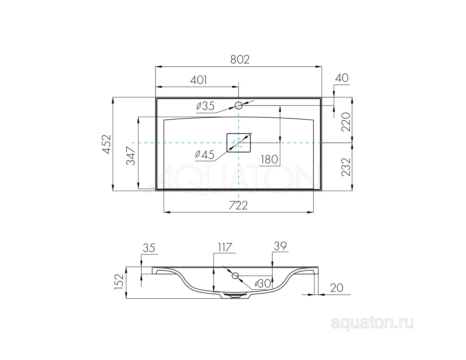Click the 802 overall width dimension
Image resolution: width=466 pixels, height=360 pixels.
pos(240,60)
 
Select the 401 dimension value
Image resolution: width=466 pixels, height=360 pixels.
pos(199,80)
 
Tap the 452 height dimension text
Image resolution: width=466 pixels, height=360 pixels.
pos(106,144)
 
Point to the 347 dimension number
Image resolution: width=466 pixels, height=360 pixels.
pos(130,156)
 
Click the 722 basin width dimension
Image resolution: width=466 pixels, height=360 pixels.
pos(238,205)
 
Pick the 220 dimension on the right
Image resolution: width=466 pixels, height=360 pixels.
pos(346,122)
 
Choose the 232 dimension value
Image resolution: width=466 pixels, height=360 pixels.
pos(346,167)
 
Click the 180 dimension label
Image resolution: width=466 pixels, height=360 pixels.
pos(269,160)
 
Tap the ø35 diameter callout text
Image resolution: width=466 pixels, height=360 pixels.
pos(205,106)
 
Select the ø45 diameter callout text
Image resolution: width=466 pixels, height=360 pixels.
pos(205,155)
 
